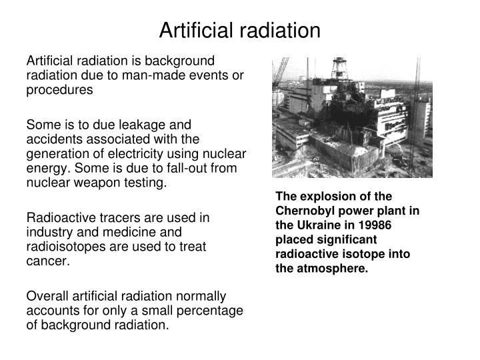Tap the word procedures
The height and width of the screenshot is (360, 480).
(60, 90)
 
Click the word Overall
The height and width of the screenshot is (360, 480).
(47, 296)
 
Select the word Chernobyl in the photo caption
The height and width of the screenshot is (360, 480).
(307, 209)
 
